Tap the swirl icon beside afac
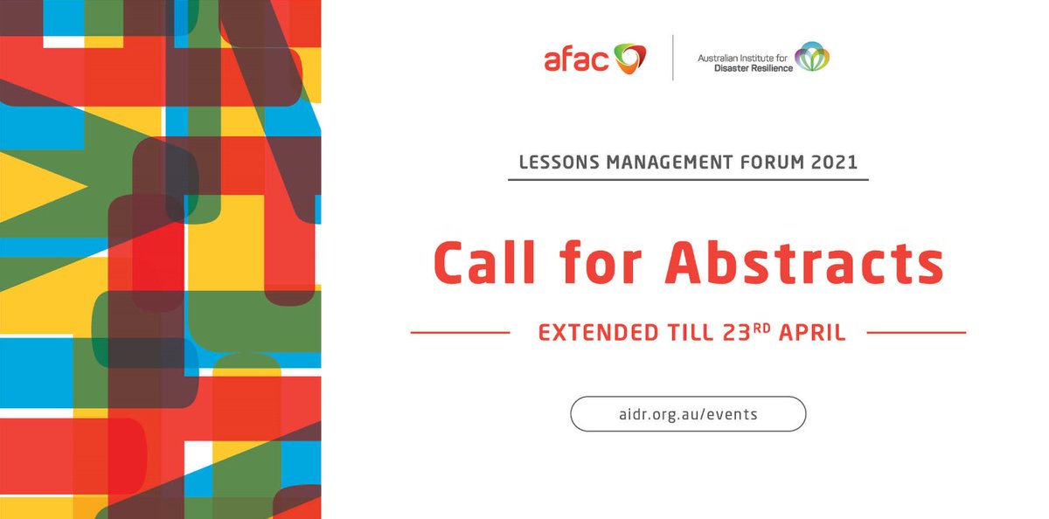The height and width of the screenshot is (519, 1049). [x=628, y=58]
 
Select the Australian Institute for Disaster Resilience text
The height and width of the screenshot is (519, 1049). [x=744, y=62]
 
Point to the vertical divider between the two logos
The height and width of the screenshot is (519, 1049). [x=672, y=58]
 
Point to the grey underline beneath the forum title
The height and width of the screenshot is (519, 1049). [x=688, y=179]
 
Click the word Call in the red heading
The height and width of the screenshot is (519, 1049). [x=482, y=261]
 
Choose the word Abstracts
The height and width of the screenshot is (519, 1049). [x=804, y=261]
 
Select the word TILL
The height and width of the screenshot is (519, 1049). [x=685, y=333]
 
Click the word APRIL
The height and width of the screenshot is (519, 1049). [x=812, y=333]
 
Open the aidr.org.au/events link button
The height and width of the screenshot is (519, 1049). [x=688, y=414]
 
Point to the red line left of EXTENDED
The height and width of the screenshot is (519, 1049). [x=460, y=333]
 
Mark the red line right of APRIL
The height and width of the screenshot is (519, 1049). [x=915, y=333]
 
